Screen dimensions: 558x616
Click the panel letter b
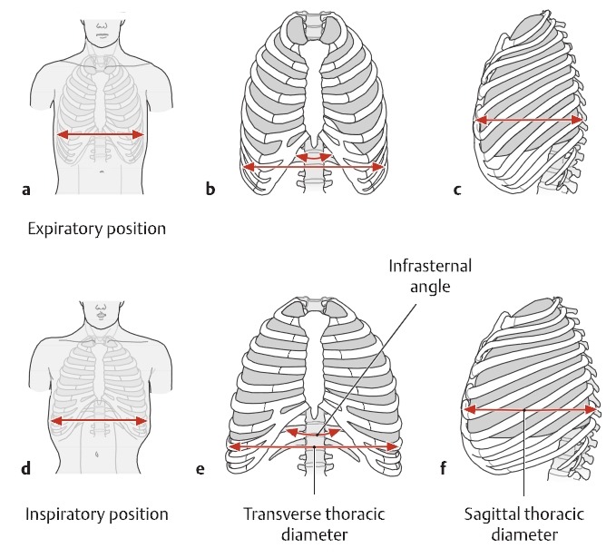pyautogui.click(x=210, y=190)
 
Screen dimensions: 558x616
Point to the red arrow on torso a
pyautogui.click(x=101, y=135)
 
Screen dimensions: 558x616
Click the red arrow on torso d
pyautogui.click(x=100, y=421)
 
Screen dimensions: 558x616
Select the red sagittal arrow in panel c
pyautogui.click(x=529, y=120)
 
